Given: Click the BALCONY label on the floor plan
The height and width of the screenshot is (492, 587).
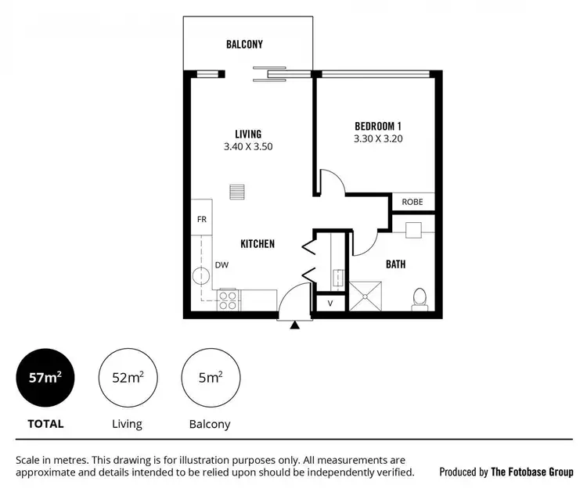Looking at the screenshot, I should pyautogui.click(x=244, y=45).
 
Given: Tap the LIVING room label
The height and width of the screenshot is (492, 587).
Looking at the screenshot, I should pyautogui.click(x=247, y=134).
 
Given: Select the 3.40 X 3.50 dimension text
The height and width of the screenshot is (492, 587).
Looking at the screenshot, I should pyautogui.click(x=247, y=146).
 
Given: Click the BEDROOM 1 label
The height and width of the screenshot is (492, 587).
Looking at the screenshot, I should pyautogui.click(x=378, y=126).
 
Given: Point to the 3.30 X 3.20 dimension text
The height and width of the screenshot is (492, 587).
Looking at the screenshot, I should pyautogui.click(x=378, y=138).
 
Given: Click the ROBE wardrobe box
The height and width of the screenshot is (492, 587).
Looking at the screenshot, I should pyautogui.click(x=412, y=202).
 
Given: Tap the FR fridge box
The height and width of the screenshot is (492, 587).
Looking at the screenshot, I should pyautogui.click(x=201, y=219).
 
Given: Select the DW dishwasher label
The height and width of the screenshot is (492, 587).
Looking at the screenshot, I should pyautogui.click(x=222, y=265).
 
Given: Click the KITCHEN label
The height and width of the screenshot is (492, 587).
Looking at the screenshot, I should pyautogui.click(x=257, y=244).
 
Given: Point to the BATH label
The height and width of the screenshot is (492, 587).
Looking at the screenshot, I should pyautogui.click(x=395, y=264).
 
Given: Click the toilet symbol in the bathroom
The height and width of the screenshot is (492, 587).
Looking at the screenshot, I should pyautogui.click(x=420, y=299).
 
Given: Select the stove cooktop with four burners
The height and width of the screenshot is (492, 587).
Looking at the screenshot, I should pyautogui.click(x=228, y=297).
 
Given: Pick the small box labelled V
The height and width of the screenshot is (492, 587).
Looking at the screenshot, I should pyautogui.click(x=330, y=303).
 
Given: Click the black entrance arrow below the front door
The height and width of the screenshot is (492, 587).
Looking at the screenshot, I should pyautogui.click(x=295, y=325).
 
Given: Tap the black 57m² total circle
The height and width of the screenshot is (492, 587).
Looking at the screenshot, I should pyautogui.click(x=45, y=378).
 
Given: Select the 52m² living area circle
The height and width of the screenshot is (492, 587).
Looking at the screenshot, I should pyautogui.click(x=127, y=378).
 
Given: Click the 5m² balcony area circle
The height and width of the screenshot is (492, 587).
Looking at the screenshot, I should pyautogui.click(x=210, y=378).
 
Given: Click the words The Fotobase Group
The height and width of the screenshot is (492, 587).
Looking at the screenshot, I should pyautogui.click(x=531, y=472).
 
